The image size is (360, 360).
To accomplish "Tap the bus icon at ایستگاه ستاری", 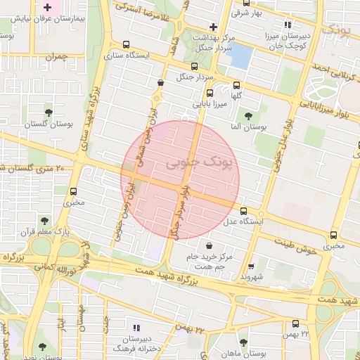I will tap(126, 44).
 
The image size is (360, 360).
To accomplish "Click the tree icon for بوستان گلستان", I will tap(49, 112).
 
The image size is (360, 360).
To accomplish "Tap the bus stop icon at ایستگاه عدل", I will tap(244, 211).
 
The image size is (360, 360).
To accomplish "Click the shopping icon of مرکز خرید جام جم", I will tap(210, 245).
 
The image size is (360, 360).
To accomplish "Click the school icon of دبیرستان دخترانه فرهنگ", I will tap(136, 327).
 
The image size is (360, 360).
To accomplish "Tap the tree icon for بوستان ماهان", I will tap(243, 342).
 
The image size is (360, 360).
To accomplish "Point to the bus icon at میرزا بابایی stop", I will tap(209, 93).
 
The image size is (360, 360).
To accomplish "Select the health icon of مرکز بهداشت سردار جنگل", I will tap(213, 26).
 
